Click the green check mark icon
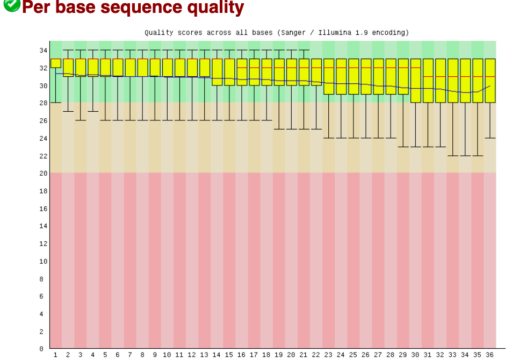(11, 5)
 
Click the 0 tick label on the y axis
(41, 349)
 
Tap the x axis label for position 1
(55, 355)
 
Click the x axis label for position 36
(489, 355)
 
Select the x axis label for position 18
(266, 355)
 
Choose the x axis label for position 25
(353, 355)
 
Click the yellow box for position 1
(55, 63)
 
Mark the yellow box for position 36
(490, 81)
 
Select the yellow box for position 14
(217, 72)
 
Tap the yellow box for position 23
(328, 76)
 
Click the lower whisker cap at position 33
(453, 156)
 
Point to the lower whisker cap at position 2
(68, 111)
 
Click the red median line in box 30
(415, 68)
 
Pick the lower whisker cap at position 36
(490, 138)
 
